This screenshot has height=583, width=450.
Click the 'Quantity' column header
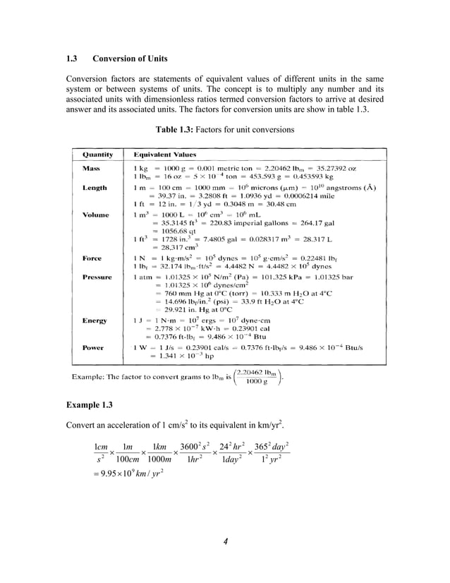[x=98, y=154]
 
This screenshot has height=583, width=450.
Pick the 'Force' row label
[x=92, y=258]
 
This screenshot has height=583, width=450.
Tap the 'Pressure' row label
[x=97, y=277]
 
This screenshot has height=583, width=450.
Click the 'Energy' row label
[x=95, y=320]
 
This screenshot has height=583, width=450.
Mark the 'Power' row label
[x=93, y=347]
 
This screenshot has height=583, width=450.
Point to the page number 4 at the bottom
[x=224, y=541]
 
